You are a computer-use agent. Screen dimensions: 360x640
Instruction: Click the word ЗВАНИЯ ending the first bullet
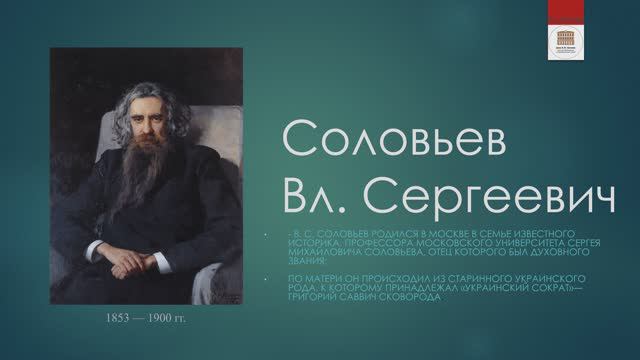pos(305,260)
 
